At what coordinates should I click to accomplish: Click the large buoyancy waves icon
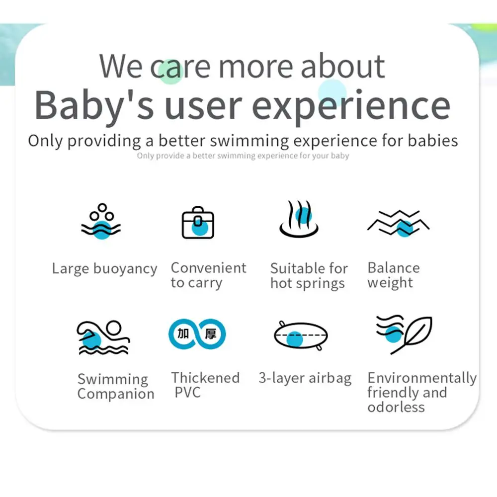coord(101,221)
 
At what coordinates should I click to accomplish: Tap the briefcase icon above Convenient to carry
coord(198,223)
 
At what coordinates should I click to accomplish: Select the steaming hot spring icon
coord(299,219)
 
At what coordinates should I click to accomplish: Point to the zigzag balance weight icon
coord(398,223)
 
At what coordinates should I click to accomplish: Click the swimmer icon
coord(103,337)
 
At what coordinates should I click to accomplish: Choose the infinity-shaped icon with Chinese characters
coord(197,334)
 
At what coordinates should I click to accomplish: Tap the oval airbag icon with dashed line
coord(301,335)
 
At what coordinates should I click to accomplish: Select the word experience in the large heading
coord(351,106)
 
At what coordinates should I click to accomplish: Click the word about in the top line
coord(342,66)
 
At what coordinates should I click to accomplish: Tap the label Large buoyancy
coord(104,269)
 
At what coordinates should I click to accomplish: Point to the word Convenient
coord(209,268)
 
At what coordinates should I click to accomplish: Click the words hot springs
coord(308,283)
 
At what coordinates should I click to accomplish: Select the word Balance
coord(394,268)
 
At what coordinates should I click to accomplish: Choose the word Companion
coord(116,394)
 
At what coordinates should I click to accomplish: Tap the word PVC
coord(188,393)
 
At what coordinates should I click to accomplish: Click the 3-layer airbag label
coord(305,378)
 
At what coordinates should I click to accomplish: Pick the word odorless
coord(396,407)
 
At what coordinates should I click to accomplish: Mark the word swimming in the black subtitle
coord(249,141)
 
